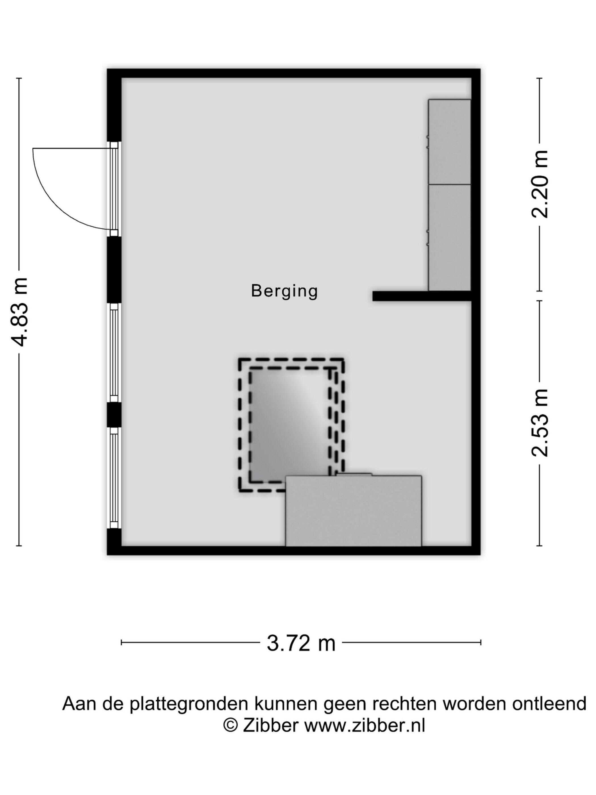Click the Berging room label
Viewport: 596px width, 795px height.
(x=284, y=291)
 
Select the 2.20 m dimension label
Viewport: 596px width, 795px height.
(x=539, y=184)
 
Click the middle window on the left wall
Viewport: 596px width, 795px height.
(x=114, y=353)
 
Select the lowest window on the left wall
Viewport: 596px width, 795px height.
(x=114, y=478)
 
